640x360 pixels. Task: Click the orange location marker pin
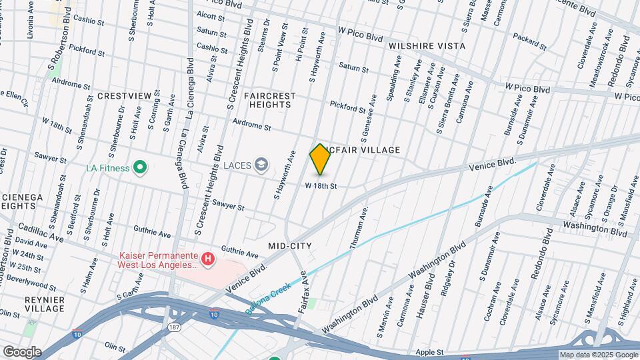tap(320, 159)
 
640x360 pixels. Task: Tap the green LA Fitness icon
tap(139, 167)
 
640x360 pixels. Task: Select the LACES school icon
tap(262, 164)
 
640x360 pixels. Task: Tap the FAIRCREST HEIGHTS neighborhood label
tap(269, 101)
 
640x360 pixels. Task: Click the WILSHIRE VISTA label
tap(427, 46)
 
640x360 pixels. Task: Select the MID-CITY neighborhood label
tap(290, 246)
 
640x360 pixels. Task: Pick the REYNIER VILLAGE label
tap(44, 304)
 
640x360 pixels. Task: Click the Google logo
tap(21, 351)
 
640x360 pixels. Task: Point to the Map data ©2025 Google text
tap(598, 355)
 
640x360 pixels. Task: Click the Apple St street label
tap(429, 351)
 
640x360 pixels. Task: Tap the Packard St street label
tap(530, 43)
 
